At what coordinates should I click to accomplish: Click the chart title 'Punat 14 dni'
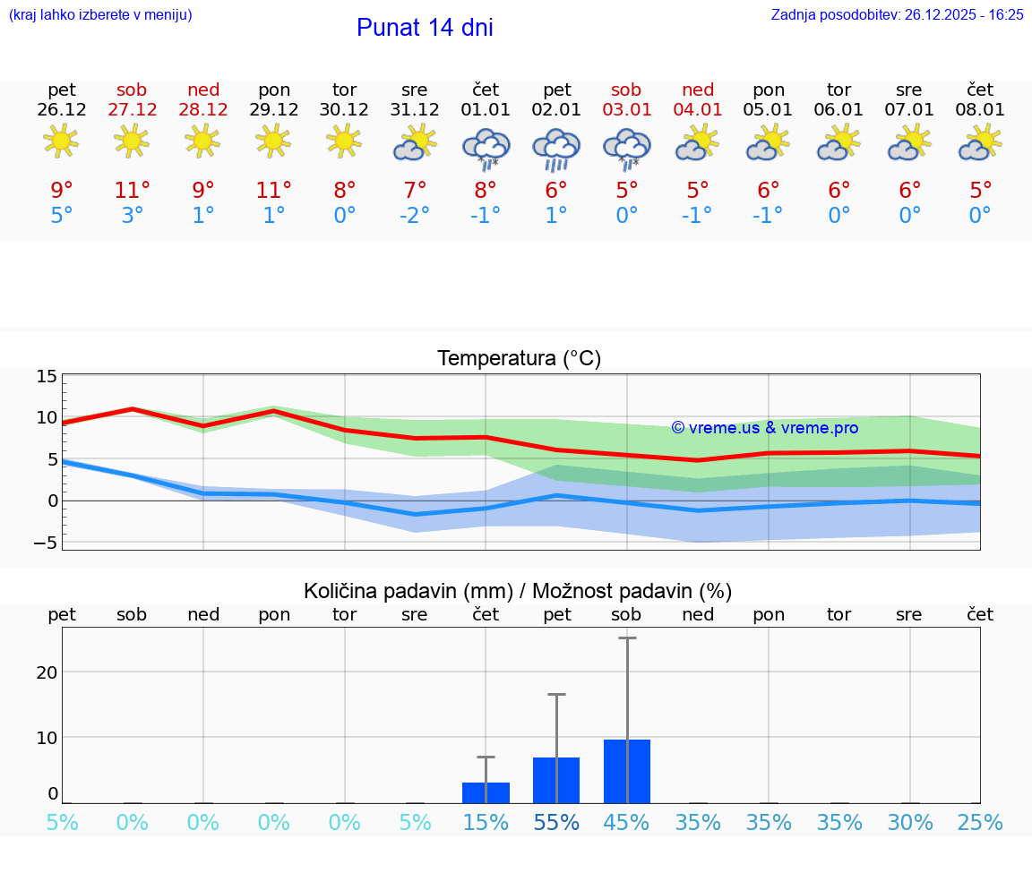coord(425,28)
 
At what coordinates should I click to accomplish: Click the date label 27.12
coord(132,110)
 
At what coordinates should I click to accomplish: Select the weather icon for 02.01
coord(556,149)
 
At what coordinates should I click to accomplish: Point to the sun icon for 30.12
coord(344,141)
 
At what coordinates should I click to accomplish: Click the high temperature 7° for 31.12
coord(415,190)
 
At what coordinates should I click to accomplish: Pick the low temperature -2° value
coord(415,216)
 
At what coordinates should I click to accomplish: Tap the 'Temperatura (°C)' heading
coord(519,359)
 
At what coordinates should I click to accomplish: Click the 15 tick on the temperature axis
coord(47,376)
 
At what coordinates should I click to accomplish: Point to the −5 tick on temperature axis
coord(45,543)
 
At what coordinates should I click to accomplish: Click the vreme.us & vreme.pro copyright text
coord(765,428)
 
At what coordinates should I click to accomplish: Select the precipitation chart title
coord(518,591)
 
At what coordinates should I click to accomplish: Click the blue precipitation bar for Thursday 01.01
coord(486,792)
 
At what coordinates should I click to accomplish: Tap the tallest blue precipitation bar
coord(627,771)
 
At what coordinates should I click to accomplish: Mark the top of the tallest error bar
coord(627,638)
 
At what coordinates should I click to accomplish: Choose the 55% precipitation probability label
coord(556,823)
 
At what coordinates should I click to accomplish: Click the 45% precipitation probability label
coord(627,823)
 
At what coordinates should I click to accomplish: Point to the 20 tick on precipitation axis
coord(47,672)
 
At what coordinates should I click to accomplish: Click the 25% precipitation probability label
coord(980,823)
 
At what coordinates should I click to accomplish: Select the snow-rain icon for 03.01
coord(627,149)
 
